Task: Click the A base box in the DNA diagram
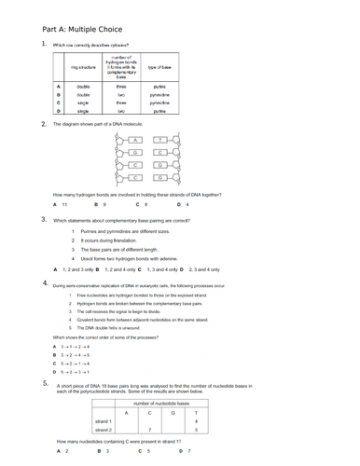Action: (x=136, y=139)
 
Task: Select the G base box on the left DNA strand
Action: (x=136, y=151)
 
